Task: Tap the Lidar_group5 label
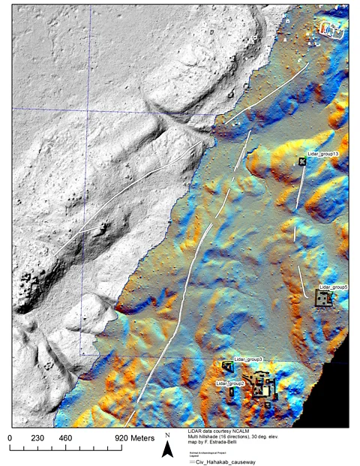[333, 287]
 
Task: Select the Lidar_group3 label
[247, 359]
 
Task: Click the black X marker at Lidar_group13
[302, 161]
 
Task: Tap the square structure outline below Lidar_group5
[322, 299]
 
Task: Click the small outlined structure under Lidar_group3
[228, 366]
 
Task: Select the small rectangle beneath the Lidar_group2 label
[231, 392]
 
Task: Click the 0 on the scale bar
[10, 437]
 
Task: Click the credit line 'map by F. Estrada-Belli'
[217, 443]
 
